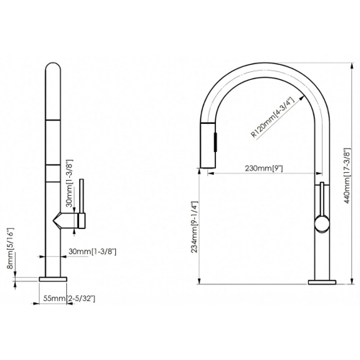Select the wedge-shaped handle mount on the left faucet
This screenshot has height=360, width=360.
pyautogui.click(x=66, y=218)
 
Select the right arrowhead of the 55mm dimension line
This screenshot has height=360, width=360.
pyautogui.click(x=66, y=289)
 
